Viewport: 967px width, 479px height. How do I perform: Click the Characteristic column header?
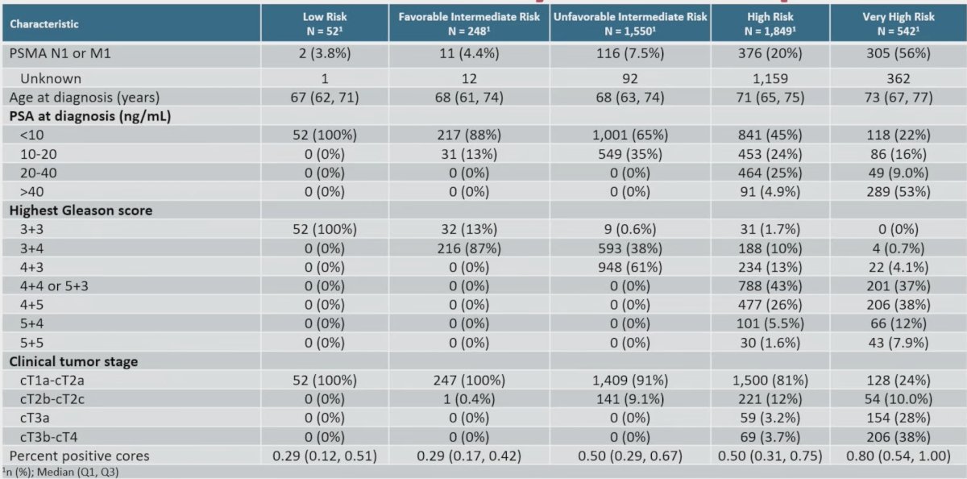(44, 23)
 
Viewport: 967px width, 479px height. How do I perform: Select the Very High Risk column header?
(899, 23)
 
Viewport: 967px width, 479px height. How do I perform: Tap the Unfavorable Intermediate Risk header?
(630, 23)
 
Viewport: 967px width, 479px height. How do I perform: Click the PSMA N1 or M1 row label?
(60, 53)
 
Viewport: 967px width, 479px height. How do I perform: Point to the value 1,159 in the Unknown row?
(770, 78)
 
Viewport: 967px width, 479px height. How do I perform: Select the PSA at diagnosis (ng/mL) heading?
(90, 116)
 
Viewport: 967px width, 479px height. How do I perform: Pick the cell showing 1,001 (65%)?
(630, 135)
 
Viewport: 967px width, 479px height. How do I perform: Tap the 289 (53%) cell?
(899, 192)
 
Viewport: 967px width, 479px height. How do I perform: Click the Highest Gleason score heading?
(81, 210)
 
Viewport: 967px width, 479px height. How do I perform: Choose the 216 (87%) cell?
(469, 248)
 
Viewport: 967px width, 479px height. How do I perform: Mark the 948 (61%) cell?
(630, 268)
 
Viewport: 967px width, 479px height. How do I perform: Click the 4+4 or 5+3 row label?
(54, 286)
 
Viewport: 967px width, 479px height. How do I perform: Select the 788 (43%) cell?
(770, 286)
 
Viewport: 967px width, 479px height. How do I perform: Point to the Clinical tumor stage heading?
(73, 361)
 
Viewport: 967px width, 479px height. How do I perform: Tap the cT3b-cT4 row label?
(49, 437)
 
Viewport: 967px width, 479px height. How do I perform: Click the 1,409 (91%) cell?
(630, 381)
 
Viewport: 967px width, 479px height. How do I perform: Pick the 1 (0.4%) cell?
(469, 399)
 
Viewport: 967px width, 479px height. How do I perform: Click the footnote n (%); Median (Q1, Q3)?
(61, 472)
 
